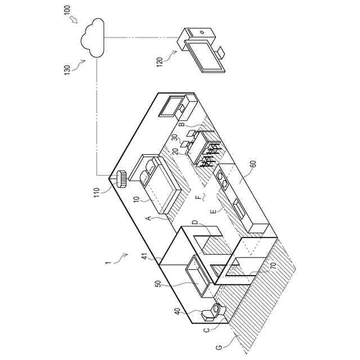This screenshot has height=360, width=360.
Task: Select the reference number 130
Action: coord(67,70)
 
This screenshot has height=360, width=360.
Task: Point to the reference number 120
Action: coord(160,61)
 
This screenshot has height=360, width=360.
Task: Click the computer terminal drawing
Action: coord(201,51)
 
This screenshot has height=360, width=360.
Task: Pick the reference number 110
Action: coord(97,193)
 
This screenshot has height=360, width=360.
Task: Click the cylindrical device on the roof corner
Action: coord(121,180)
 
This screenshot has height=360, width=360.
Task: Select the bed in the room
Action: coord(160,183)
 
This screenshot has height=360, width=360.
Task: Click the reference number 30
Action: coord(174,138)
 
